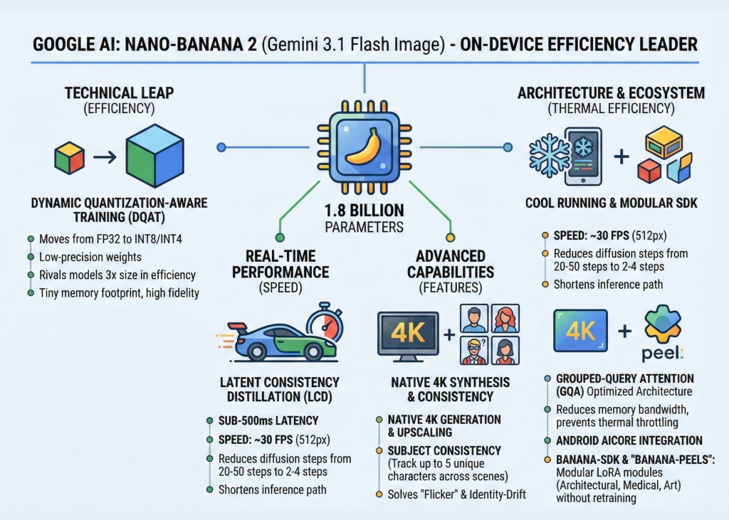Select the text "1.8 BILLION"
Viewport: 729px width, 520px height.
coord(364,211)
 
